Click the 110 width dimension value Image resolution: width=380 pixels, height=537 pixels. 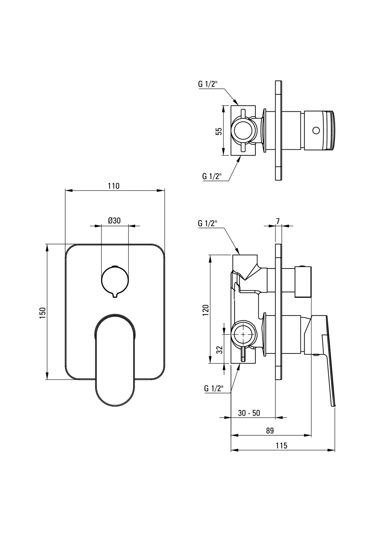[114, 186]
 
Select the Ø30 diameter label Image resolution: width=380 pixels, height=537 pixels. [114, 221]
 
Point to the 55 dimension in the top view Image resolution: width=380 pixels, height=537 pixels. [219, 131]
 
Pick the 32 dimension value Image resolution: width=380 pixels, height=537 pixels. [219, 350]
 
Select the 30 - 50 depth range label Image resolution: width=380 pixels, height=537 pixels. [249, 413]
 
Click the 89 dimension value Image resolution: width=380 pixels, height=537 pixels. [270, 431]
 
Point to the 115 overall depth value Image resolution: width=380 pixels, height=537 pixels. [282, 445]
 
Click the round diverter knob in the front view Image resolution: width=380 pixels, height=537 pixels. [114, 279]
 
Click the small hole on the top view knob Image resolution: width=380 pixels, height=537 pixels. [316, 130]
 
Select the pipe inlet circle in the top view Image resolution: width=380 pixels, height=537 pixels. [244, 130]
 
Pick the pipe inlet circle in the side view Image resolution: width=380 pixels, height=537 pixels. [244, 334]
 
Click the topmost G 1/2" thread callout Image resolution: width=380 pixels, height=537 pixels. [208, 84]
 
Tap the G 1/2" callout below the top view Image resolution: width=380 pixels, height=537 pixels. [212, 176]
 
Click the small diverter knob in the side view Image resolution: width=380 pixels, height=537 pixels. [303, 282]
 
